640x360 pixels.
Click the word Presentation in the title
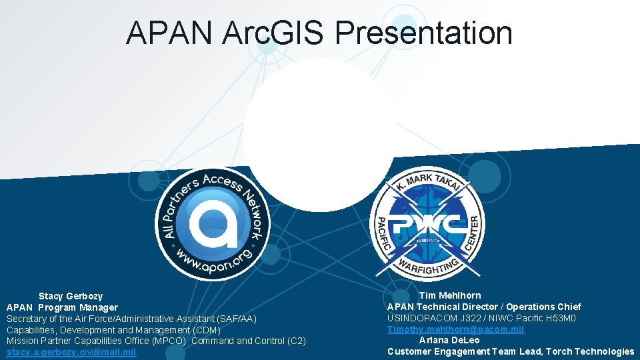(x=423, y=33)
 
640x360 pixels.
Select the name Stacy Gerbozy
(x=71, y=296)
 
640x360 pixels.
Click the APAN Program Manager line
(x=62, y=307)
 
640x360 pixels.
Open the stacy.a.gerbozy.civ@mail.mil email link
(x=71, y=353)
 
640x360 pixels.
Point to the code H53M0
(x=561, y=318)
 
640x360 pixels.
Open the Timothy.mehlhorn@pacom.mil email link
(x=455, y=329)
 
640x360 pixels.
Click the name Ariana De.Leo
(x=449, y=340)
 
